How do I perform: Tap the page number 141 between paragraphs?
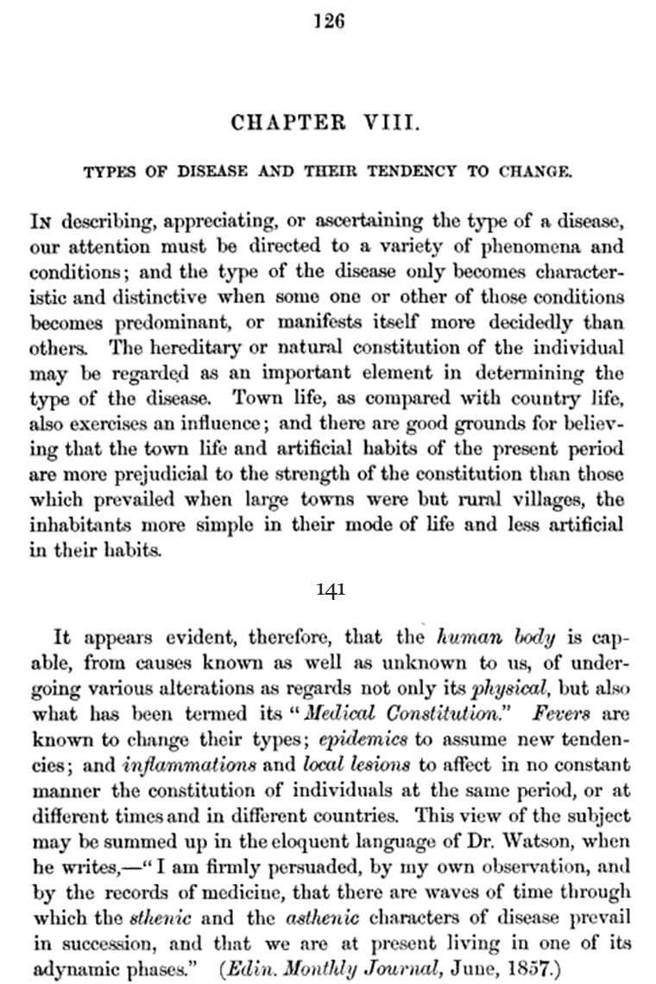pyautogui.click(x=331, y=590)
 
